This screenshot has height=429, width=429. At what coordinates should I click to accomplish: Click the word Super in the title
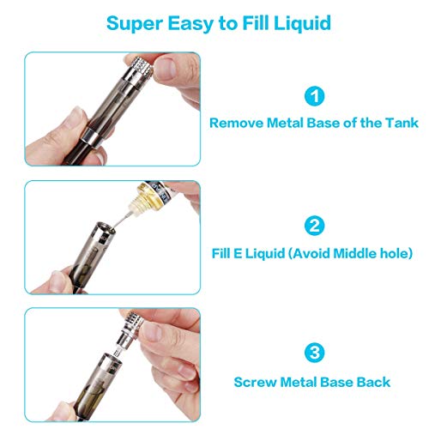pyautogui.click(x=135, y=23)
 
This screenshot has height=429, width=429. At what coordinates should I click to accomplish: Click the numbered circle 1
pyautogui.click(x=315, y=96)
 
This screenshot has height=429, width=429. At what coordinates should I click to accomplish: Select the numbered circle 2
pyautogui.click(x=315, y=226)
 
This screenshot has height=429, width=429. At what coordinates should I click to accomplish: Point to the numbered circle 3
pyautogui.click(x=315, y=353)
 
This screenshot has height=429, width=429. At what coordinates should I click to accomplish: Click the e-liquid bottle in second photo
pyautogui.click(x=152, y=195)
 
